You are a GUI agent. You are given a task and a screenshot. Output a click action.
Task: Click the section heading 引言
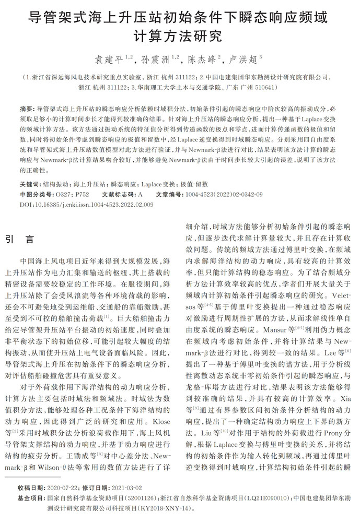point(20,239)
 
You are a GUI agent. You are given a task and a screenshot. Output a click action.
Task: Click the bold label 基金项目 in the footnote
point(31,498)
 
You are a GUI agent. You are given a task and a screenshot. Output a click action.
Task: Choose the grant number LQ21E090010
point(267,498)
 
